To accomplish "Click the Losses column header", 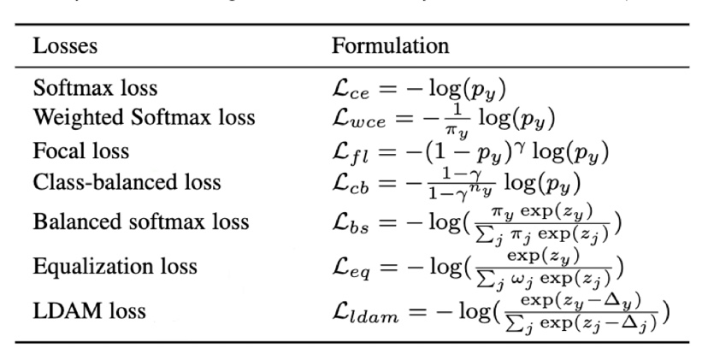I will click(65, 45).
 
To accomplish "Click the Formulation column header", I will click(390, 45).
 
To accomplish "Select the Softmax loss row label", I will click(95, 88).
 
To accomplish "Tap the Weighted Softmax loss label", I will click(144, 117).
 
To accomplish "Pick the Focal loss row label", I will click(81, 151).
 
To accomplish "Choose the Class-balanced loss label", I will click(127, 181).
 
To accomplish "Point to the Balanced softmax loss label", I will click(141, 222).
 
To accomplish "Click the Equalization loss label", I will click(115, 266).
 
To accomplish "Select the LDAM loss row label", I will click(89, 310).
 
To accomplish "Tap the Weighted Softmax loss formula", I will click(444, 118).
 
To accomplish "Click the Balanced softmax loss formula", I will click(476, 222).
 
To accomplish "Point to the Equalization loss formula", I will click(476, 266).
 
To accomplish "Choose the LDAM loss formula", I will click(500, 310).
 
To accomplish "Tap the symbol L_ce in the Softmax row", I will click(351, 89).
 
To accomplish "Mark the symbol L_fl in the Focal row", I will click(351, 152).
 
